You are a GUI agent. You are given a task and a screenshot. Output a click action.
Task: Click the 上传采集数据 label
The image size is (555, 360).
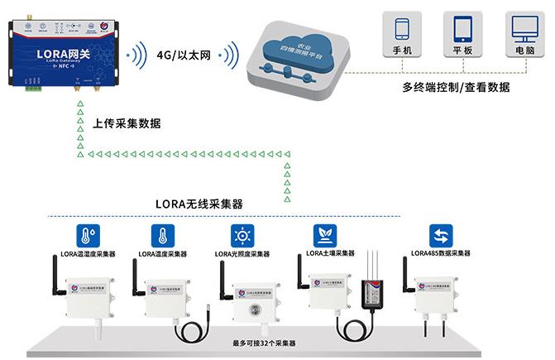coord(127,123)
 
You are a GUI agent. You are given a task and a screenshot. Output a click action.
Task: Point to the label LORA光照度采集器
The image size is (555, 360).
coord(242,253)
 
